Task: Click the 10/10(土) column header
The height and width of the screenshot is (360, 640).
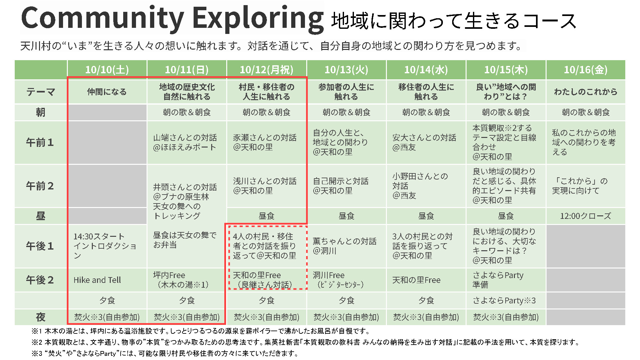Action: pyautogui.click(x=107, y=70)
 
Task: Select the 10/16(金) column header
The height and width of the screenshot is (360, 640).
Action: pyautogui.click(x=586, y=70)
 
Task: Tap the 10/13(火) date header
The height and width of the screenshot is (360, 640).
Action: pyautogui.click(x=346, y=70)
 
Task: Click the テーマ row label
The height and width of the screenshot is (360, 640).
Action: pyautogui.click(x=41, y=92)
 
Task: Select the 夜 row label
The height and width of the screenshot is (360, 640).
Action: pyautogui.click(x=41, y=317)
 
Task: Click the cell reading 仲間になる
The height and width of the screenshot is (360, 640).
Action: pyautogui.click(x=107, y=92)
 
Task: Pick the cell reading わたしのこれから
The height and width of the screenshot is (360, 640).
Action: pyautogui.click(x=586, y=92)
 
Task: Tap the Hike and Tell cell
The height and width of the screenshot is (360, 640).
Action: pyautogui.click(x=107, y=280)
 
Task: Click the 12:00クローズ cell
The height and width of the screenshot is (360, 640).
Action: pyautogui.click(x=586, y=216)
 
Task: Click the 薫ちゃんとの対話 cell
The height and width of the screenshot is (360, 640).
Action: pyautogui.click(x=346, y=246)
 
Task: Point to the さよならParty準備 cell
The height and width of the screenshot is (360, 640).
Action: pyautogui.click(x=506, y=280)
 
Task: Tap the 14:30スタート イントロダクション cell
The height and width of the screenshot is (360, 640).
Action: pyautogui.click(x=107, y=246)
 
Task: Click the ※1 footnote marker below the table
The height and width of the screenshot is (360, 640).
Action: pyautogui.click(x=37, y=331)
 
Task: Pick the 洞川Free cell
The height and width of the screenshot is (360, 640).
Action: pyautogui.click(x=346, y=280)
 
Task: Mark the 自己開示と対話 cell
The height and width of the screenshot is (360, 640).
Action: pyautogui.click(x=346, y=186)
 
